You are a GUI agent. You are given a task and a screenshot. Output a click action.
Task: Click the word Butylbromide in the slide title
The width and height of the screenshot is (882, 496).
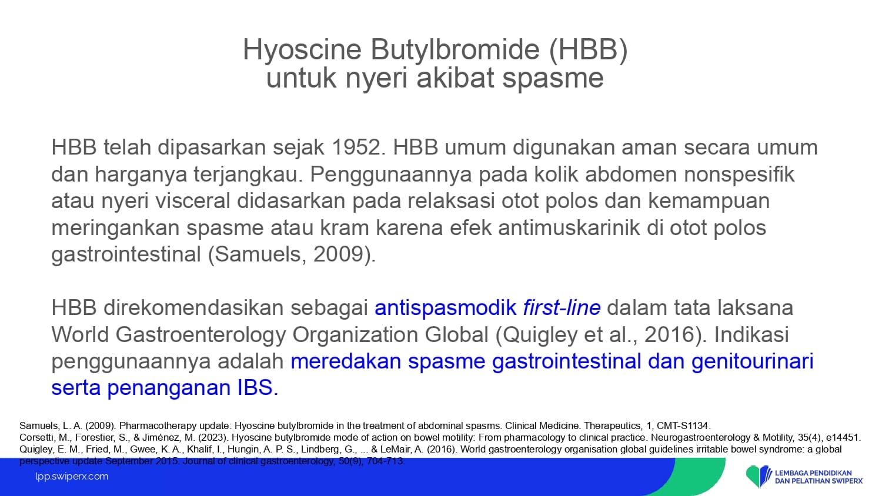(x=455, y=50)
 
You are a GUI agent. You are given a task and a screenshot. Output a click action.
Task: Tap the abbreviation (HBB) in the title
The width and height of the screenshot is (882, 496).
(x=588, y=50)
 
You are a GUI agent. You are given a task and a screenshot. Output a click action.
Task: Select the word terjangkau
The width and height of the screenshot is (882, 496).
(x=248, y=175)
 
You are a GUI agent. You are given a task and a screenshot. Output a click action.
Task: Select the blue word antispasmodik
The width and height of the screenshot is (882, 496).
(x=445, y=308)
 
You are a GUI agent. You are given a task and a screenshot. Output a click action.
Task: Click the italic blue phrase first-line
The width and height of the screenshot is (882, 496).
(x=562, y=307)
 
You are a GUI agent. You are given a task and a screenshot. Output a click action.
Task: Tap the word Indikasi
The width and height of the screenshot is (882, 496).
(x=751, y=334)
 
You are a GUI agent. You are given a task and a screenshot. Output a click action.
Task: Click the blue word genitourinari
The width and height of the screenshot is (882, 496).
(x=753, y=361)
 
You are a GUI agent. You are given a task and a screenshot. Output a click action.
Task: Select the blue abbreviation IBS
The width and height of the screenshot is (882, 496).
(x=258, y=388)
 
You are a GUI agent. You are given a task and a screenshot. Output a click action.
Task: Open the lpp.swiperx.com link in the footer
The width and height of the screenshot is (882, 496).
(x=72, y=477)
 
